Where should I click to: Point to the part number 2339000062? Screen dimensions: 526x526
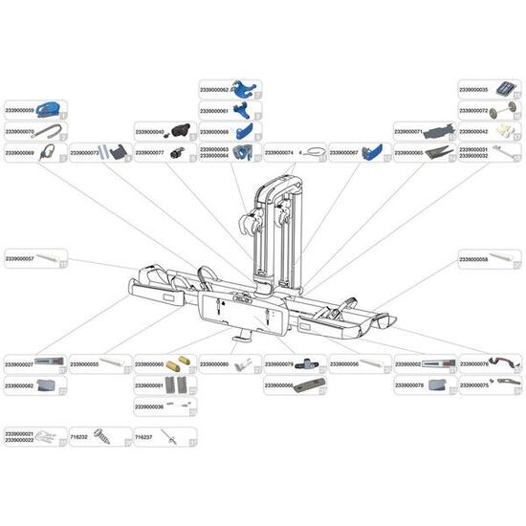click(215, 90)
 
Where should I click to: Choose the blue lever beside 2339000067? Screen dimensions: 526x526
click(373, 152)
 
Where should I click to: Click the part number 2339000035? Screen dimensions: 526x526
click(475, 90)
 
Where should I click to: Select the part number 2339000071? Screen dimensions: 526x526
click(410, 132)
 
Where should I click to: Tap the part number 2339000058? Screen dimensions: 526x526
click(475, 258)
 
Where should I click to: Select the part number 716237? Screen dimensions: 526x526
click(145, 437)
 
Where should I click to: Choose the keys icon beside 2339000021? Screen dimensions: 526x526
click(50, 437)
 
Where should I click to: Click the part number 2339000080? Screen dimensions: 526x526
click(215, 364)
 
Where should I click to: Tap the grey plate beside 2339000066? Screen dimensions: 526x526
click(308, 385)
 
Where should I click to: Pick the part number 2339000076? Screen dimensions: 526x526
click(475, 364)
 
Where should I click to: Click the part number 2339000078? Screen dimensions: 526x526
click(410, 385)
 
